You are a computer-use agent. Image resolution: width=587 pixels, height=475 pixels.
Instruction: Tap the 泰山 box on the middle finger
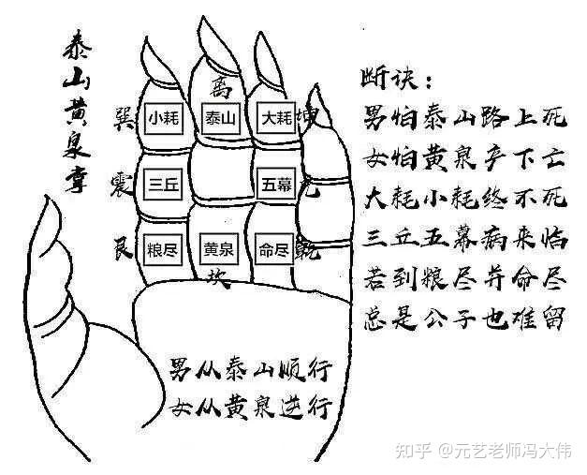click(221, 119)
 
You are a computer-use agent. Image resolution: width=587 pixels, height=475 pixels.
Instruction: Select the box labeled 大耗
click(277, 119)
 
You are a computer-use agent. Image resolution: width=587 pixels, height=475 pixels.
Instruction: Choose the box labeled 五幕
click(276, 185)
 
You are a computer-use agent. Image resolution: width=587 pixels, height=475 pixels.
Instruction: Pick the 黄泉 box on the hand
click(221, 251)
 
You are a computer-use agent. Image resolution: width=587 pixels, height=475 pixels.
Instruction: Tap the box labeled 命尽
click(276, 250)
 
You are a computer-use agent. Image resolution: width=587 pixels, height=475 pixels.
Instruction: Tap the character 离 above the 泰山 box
click(220, 90)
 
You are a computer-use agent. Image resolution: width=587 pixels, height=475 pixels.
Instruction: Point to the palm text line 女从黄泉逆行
click(251, 407)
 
